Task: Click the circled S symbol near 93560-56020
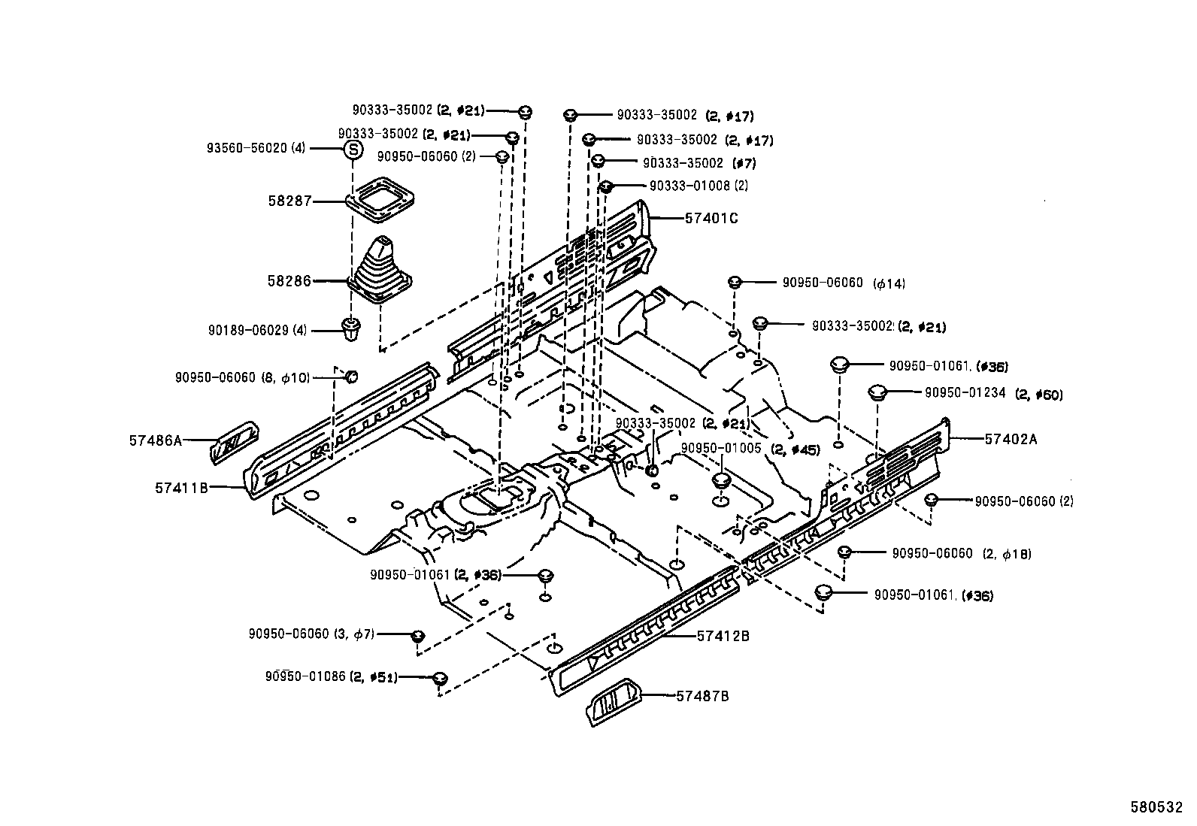(352, 149)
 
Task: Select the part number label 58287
(290, 201)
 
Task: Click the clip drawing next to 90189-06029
(351, 329)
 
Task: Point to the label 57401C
(711, 219)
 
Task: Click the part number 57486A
(156, 440)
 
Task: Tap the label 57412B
(723, 636)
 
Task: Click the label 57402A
(1010, 439)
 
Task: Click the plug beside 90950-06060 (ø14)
(735, 282)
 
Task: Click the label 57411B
(181, 487)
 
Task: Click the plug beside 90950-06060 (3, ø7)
(419, 637)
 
